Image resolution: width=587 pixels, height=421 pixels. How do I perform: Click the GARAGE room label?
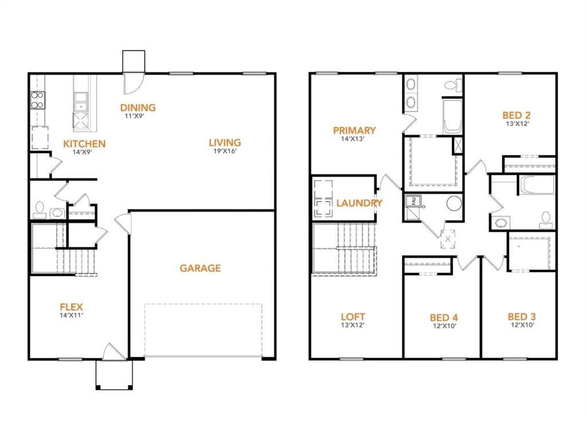point(200,268)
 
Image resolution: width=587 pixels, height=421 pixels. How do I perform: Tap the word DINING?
point(138,107)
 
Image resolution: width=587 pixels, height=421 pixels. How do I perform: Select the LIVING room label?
point(225,143)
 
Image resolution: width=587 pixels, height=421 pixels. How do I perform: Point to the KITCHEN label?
point(84,143)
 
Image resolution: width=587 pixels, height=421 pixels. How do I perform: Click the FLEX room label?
point(72,307)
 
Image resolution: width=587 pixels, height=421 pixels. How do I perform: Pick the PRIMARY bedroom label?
point(354,131)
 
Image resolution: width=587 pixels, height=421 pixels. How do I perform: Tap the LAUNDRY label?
point(359,203)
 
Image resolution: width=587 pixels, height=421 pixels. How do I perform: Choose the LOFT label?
point(353,317)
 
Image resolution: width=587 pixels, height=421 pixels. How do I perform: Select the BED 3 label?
point(522,317)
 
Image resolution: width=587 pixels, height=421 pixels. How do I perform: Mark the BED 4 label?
point(444,318)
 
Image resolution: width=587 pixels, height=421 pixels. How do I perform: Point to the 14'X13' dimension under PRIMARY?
point(353,139)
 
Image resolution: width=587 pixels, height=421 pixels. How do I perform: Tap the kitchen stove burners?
point(38,100)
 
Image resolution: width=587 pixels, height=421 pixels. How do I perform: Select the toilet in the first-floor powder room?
point(40,209)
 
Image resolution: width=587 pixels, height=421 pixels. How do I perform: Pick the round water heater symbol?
point(454,204)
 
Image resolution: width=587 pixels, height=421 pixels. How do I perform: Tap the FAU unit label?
point(411,200)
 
